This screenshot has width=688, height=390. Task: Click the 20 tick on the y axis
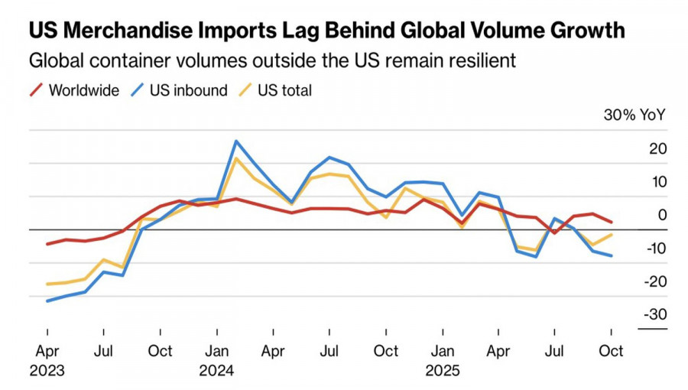[x=657, y=149]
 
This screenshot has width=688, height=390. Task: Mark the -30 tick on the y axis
[x=654, y=315]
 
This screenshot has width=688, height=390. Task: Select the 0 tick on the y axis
[x=662, y=216]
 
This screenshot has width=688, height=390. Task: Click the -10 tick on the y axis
[x=654, y=249]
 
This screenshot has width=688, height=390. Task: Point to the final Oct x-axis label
[x=611, y=351]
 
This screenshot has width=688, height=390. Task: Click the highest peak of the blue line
[x=235, y=141]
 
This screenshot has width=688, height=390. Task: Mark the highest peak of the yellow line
[x=236, y=158]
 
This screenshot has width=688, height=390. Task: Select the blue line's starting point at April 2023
[x=47, y=301]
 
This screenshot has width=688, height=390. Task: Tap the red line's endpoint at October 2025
[x=611, y=223]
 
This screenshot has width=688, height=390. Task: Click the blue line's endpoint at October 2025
[x=611, y=255]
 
